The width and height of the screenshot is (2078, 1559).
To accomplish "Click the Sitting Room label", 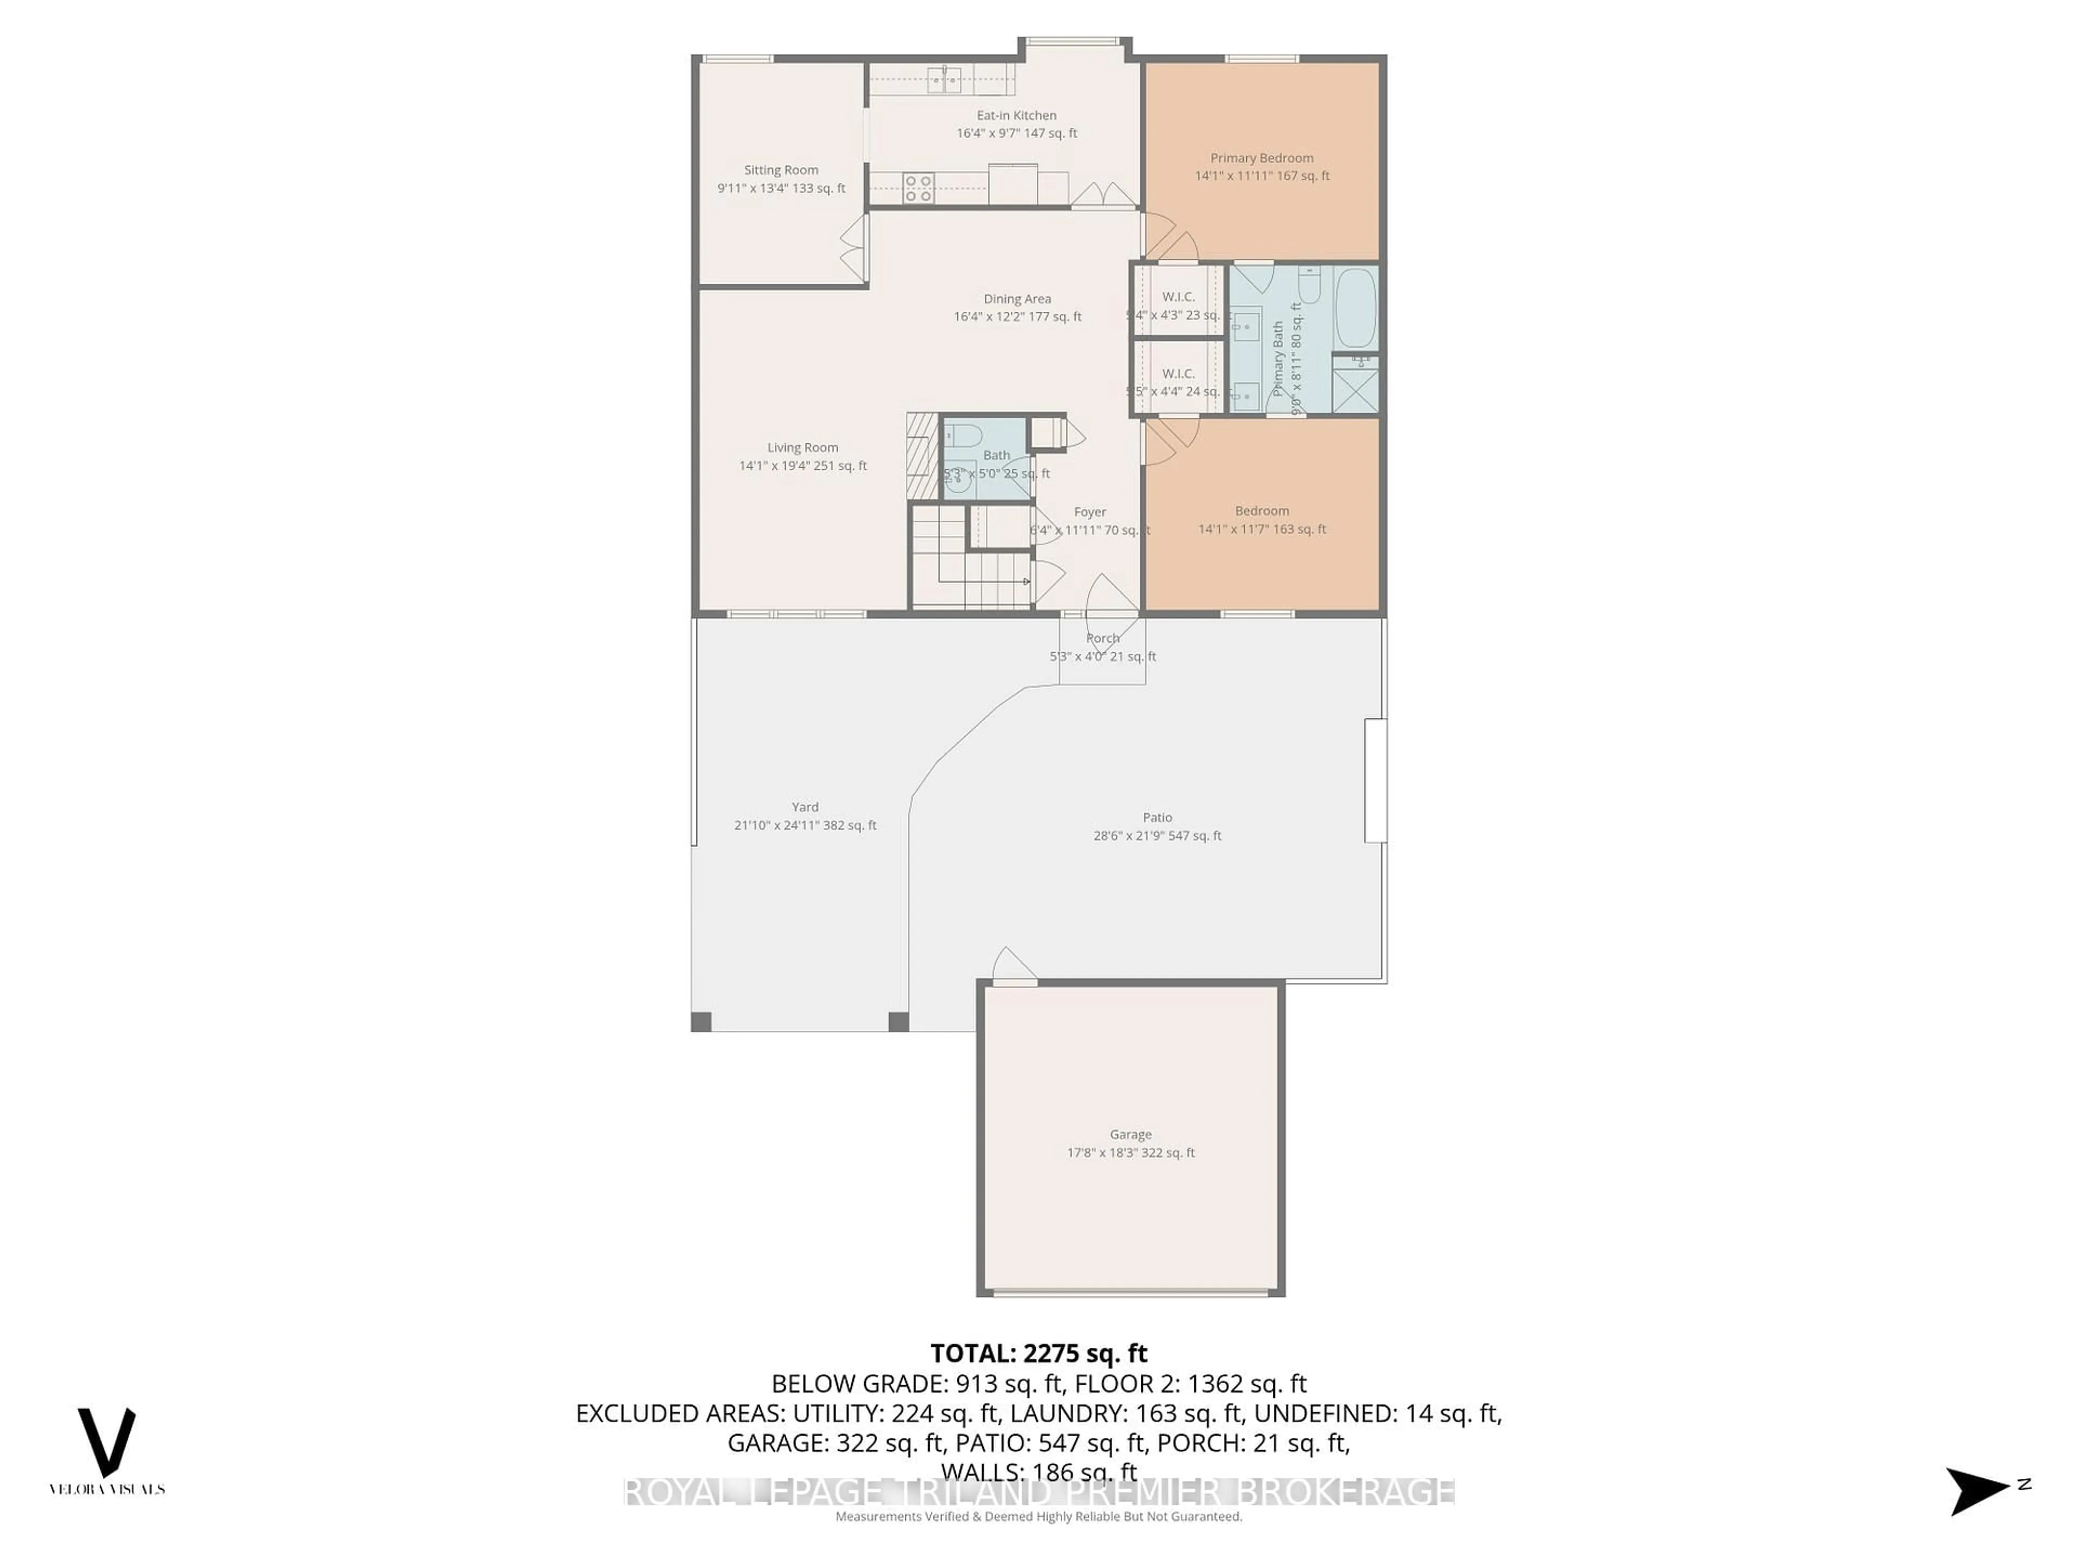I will click(781, 170).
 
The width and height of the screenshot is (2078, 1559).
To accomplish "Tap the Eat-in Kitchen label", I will click(1016, 116).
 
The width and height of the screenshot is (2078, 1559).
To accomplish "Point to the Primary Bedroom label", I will click(1261, 158).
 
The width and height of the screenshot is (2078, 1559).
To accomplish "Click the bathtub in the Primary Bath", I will click(1354, 307).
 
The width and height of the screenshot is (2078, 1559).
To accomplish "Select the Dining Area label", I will click(1017, 299).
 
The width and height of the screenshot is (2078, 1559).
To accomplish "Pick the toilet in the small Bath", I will click(963, 435).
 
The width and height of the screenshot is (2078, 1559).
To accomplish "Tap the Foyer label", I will click(1090, 512).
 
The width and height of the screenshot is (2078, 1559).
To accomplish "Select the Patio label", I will click(1158, 817).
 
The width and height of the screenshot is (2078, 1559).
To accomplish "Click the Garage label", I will click(1130, 1134).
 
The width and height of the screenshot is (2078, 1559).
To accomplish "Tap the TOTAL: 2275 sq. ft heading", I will click(1038, 1353).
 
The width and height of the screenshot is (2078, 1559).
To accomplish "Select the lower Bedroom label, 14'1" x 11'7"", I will click(1261, 511).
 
